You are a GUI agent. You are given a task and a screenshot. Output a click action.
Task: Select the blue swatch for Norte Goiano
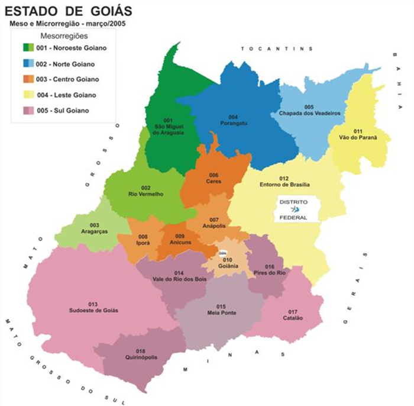(x=28, y=64)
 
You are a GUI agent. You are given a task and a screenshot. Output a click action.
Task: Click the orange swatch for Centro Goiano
(x=28, y=79)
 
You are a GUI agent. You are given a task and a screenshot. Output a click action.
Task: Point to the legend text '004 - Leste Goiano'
(x=67, y=95)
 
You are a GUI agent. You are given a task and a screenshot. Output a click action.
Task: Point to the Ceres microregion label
(x=213, y=179)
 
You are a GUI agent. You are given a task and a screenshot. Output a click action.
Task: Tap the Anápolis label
(x=214, y=223)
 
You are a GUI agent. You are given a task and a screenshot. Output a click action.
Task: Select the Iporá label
(x=143, y=240)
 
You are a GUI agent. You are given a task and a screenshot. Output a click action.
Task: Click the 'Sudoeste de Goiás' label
(x=93, y=308)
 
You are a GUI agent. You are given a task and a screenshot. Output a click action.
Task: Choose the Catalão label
(x=293, y=315)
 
